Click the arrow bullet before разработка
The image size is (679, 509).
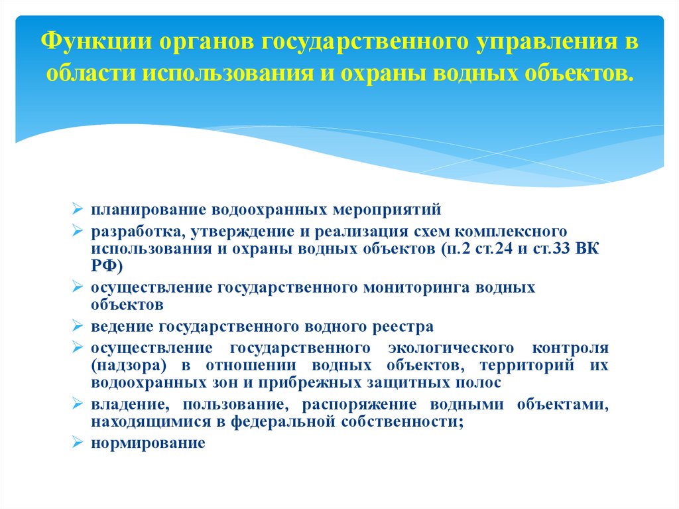77,232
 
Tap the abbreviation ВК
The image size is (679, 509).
595,250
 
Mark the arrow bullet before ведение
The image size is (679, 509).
77,327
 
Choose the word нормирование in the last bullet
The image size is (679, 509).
149,443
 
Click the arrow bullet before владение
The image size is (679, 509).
77,405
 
